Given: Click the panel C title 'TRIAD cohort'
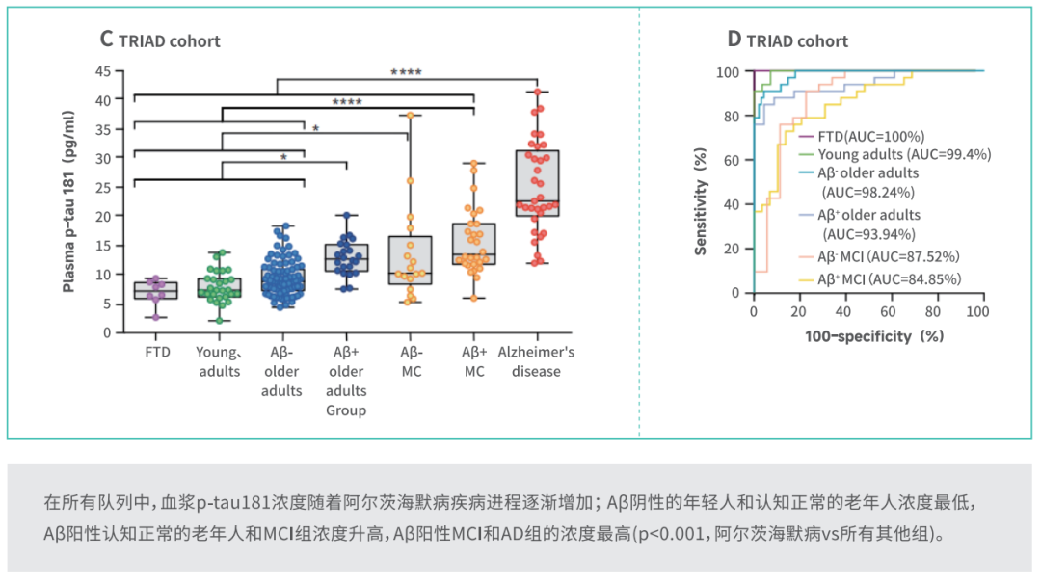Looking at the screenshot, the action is point(170,41).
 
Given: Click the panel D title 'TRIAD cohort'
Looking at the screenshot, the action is point(797,41).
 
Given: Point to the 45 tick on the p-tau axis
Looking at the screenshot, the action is point(103,71).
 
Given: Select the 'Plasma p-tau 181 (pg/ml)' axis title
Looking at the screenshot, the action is point(68,201).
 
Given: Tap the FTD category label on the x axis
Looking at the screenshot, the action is point(157,352).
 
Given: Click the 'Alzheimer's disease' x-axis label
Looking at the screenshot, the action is point(537,361).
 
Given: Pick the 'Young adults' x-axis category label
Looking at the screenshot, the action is point(219,361).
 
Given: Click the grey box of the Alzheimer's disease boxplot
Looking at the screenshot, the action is point(537,183).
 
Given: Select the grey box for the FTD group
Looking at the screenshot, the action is point(156,291).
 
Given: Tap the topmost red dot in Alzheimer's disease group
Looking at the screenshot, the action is point(538,93).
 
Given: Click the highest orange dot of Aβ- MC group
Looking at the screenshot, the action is point(411,116).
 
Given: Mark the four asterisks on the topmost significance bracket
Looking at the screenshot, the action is point(406,71).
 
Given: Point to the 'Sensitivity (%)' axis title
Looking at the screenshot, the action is point(701,201).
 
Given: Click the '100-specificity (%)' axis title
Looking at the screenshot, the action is point(874,336).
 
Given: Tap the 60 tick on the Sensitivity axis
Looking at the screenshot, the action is point(731,160).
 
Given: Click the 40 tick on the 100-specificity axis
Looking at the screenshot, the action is point(842,311).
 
